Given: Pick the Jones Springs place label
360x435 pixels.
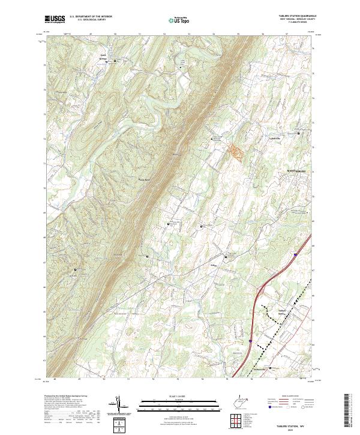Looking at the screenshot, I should [105, 59].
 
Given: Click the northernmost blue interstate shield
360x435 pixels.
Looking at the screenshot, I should [295, 256].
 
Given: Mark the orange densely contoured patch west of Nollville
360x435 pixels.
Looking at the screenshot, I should [235, 151].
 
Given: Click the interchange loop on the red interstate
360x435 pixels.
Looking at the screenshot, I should [259, 294].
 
